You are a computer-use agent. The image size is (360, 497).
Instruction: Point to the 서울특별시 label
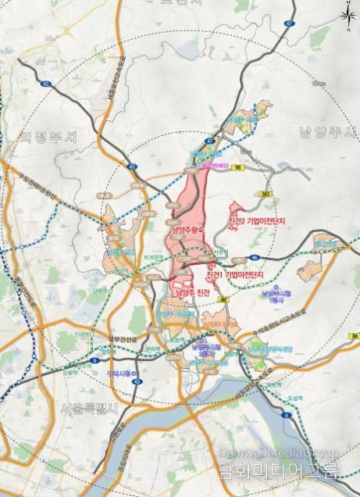tap(88, 408)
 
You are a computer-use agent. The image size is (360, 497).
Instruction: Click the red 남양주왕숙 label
tap(184, 231)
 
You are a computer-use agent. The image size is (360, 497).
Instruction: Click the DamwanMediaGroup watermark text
tap(279, 454)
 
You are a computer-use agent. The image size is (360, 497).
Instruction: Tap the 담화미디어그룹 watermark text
tap(279, 472)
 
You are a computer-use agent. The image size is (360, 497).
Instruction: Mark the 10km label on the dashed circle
tap(316, 83)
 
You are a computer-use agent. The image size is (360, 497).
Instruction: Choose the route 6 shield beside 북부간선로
tap(94, 360)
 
